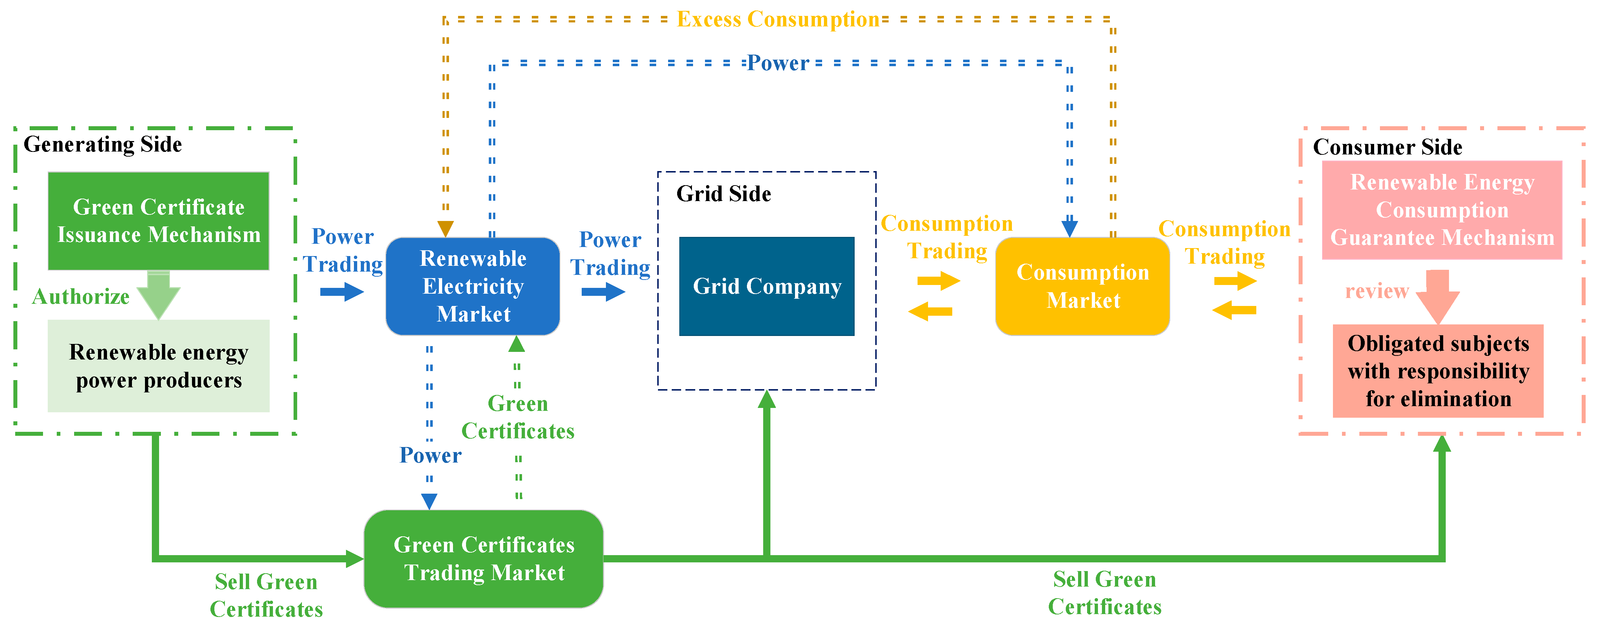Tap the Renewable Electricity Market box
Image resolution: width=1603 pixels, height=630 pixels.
(473, 286)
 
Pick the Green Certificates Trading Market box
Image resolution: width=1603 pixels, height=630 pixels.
(483, 558)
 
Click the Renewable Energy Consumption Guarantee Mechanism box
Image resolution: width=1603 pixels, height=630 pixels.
(1442, 210)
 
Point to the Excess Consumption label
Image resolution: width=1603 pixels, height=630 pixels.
(778, 19)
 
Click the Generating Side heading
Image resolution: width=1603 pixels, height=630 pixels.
(103, 144)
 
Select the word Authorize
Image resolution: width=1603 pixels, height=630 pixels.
(81, 296)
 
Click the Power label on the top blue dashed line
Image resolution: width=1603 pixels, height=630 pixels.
(778, 63)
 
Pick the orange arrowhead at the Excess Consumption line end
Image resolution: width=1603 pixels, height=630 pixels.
(445, 229)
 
